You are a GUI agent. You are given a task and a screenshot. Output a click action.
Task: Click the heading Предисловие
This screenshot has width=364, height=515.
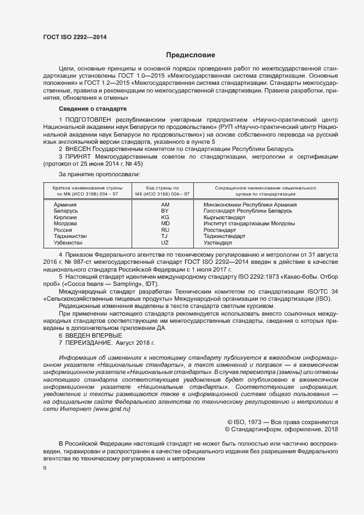[191, 55]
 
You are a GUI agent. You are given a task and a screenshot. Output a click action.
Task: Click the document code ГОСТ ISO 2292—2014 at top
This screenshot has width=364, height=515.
[75, 37]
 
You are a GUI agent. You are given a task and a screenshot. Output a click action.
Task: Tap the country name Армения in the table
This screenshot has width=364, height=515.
[65, 205]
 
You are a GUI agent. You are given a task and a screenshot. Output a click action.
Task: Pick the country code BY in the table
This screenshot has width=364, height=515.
[165, 211]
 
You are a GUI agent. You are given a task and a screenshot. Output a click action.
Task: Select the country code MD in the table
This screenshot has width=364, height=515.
[165, 224]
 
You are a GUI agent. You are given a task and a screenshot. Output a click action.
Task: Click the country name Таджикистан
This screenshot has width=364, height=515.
[70, 236]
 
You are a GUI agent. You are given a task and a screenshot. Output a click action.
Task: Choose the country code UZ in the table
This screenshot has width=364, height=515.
[165, 243]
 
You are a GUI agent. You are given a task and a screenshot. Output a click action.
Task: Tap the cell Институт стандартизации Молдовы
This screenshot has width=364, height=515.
[249, 224]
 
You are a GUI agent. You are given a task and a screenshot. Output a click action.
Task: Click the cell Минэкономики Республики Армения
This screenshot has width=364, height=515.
[250, 205]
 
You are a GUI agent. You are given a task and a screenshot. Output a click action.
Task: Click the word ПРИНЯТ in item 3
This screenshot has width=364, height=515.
[79, 157]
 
